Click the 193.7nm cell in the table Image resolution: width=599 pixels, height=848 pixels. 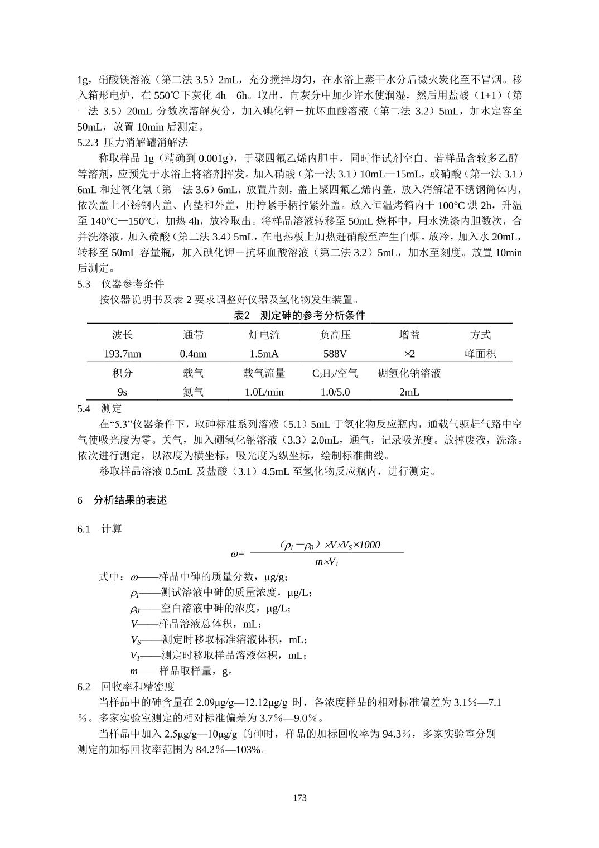tap(122, 354)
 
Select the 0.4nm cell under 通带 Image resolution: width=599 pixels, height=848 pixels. tap(193, 354)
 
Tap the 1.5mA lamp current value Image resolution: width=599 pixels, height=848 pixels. tap(264, 354)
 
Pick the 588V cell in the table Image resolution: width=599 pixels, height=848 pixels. tap(335, 354)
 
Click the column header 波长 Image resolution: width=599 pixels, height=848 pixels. tap(122, 335)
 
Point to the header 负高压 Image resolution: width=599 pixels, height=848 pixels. tap(335, 335)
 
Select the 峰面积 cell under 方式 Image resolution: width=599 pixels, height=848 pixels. tap(480, 354)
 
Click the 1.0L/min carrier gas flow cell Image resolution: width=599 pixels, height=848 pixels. tap(264, 392)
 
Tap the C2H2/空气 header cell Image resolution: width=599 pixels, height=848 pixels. tap(335, 373)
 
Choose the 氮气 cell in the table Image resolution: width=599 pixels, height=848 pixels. tap(193, 392)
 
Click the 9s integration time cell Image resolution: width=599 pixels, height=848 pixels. tap(122, 392)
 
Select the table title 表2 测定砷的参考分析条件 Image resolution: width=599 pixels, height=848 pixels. tap(299, 316)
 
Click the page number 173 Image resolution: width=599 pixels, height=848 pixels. tap(299, 798)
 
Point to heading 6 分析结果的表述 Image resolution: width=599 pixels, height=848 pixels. tap(122, 500)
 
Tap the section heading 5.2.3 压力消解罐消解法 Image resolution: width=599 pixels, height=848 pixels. tap(132, 143)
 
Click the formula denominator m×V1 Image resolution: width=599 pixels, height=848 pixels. tap(327, 562)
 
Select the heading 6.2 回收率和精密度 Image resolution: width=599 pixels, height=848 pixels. tap(126, 686)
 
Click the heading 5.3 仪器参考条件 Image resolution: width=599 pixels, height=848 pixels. tap(120, 284)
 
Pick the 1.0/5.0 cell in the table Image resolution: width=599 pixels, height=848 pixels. tap(335, 392)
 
